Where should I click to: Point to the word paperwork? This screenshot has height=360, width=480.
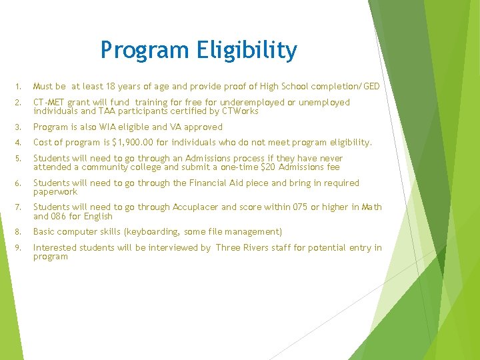[x=55, y=191]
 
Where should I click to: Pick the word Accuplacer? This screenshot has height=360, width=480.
[x=195, y=207]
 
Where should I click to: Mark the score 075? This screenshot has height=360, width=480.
[x=301, y=207]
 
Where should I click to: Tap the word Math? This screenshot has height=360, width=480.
[x=371, y=207]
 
